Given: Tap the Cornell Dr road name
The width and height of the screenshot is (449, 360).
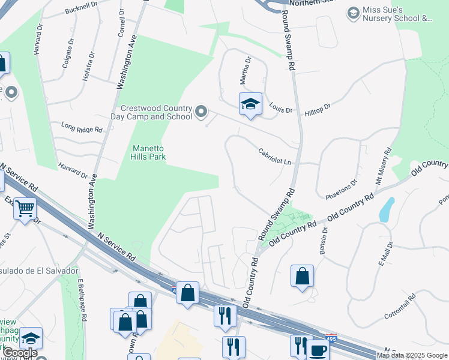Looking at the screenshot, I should (121, 23).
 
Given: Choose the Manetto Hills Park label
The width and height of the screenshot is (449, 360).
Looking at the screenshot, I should (149, 152).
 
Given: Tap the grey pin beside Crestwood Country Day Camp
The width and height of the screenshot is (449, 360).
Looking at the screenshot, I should (201, 112).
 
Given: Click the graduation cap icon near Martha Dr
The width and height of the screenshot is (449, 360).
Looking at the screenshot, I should (250, 104).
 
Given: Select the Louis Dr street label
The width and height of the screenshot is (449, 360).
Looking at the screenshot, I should (280, 110).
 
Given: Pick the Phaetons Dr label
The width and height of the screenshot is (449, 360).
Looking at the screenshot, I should (341, 190).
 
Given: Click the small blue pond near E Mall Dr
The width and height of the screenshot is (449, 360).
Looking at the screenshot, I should (387, 209).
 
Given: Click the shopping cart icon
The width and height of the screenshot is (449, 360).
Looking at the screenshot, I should (25, 209).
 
